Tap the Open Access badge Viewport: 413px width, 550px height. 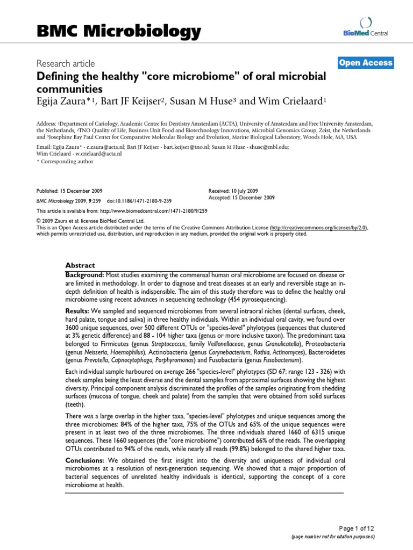pos(366,63)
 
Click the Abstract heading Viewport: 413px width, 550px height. pos(80,265)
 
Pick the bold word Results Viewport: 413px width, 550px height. pos(77,312)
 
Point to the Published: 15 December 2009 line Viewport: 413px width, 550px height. pos(69,191)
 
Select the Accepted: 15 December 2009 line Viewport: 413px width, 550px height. pos(241,198)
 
